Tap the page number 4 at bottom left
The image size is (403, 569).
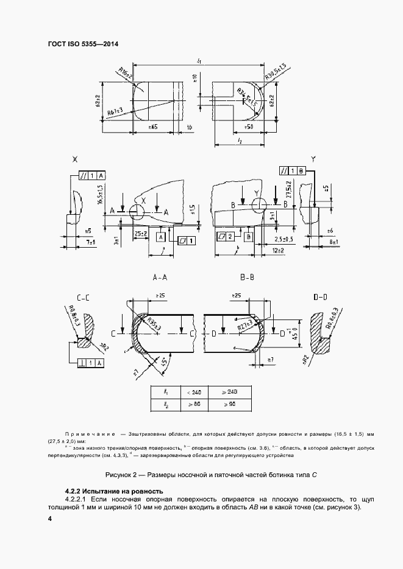50,518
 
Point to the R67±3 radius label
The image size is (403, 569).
115,111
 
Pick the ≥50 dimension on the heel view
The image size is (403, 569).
248,127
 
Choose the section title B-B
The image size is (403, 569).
247,278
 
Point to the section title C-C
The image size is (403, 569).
84,297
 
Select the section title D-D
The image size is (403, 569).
321,297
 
